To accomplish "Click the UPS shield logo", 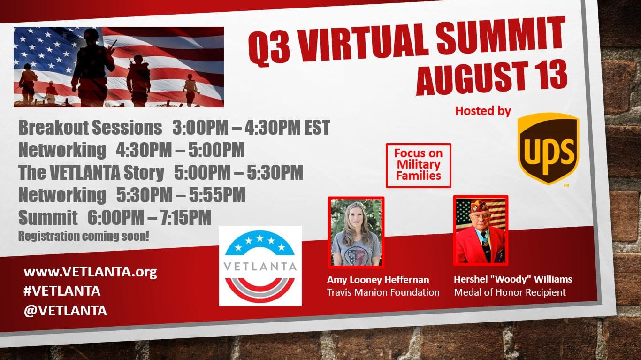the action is [x=549, y=148].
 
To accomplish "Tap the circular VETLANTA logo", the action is [x=260, y=266].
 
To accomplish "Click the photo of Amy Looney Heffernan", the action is [x=356, y=232].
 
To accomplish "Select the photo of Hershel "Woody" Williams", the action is [x=481, y=230].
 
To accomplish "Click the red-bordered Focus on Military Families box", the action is [x=419, y=165].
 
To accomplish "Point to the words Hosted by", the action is [x=483, y=111].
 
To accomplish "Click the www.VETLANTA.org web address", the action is [x=91, y=272].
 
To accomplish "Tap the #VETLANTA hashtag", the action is [x=62, y=291].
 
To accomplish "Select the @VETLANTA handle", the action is [x=65, y=311].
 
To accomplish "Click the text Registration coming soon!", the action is [x=84, y=236].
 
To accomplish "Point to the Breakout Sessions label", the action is [x=90, y=128].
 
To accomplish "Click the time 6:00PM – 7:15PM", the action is [x=149, y=217].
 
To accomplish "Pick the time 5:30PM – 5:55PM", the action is [x=181, y=195].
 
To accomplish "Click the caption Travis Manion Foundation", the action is [x=383, y=292].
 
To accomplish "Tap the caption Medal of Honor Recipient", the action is [x=510, y=292].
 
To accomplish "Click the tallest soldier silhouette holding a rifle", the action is [x=92, y=67].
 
